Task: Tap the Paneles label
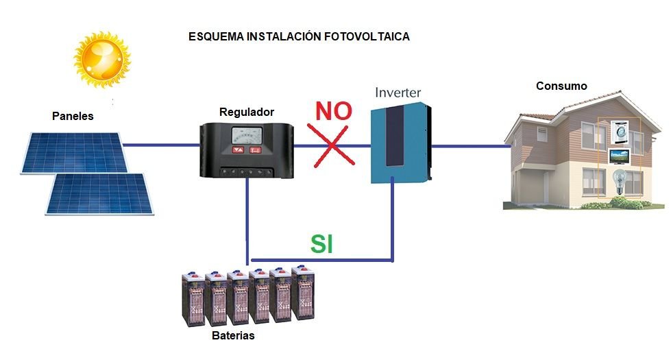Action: click(73, 117)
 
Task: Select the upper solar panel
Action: click(72, 152)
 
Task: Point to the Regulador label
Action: click(247, 112)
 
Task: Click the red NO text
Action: click(333, 110)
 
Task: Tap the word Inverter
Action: click(398, 93)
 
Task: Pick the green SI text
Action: click(321, 245)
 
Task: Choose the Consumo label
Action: click(561, 86)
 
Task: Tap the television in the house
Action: click(620, 154)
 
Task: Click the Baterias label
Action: click(233, 336)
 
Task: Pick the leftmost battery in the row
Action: click(193, 298)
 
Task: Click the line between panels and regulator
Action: click(162, 145)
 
